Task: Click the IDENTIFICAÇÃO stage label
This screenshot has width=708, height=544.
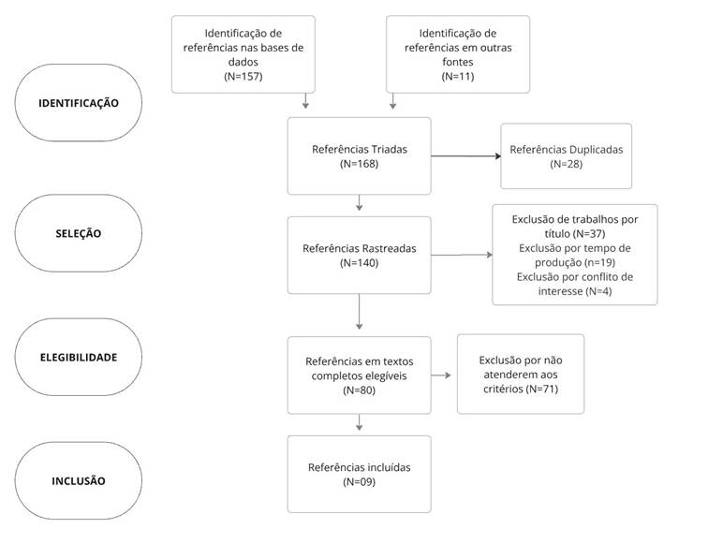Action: coord(79,103)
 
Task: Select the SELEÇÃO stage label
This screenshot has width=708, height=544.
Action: coord(79,233)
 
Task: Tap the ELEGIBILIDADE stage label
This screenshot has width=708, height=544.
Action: coord(79,357)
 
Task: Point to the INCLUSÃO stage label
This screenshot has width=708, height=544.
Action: coord(79,480)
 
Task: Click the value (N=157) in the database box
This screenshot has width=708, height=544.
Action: coord(243,76)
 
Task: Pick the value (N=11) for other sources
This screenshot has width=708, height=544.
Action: coord(458,76)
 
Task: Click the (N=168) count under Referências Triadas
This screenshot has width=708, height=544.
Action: coord(360,164)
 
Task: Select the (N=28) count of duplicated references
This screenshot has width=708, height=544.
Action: coord(567,164)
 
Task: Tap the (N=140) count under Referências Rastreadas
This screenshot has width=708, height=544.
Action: coord(360,263)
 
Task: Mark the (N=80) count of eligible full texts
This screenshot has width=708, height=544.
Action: coord(360,390)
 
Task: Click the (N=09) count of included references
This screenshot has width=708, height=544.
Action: coord(360,481)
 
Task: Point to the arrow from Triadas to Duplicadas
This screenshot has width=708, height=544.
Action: coord(466,156)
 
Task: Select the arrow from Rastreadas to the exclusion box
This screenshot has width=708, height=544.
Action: coord(462,255)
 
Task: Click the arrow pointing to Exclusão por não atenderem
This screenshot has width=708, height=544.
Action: coord(441,375)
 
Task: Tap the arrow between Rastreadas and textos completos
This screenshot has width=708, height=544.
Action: coord(360,312)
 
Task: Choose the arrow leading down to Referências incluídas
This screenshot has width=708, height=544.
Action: coord(360,422)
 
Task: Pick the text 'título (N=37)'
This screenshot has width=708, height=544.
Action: coord(575,234)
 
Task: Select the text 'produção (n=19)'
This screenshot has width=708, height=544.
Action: coord(575,262)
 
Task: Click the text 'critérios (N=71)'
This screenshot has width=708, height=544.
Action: coord(521,389)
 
